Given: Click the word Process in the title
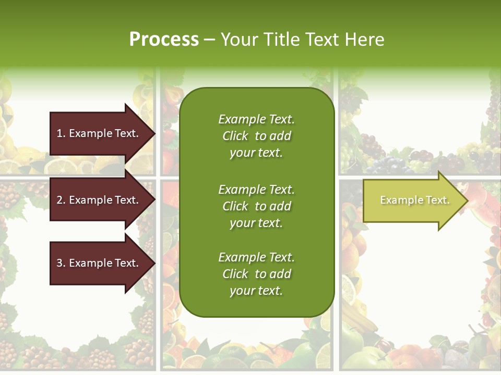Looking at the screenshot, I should tap(164, 40).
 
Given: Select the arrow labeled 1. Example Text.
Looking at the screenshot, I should tap(99, 133).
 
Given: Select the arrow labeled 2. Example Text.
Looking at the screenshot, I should tap(99, 200).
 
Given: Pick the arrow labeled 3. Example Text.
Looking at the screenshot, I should tap(99, 263).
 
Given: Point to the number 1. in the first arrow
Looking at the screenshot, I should tap(61, 133).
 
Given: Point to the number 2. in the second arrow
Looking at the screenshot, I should tap(61, 200).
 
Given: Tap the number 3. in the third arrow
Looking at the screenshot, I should tap(61, 263).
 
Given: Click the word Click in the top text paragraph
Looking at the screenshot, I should tap(235, 136).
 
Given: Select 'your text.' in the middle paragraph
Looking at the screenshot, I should tap(256, 223).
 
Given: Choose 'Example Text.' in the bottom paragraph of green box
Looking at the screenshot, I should tap(256, 257).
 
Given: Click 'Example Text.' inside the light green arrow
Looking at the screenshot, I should tap(414, 200).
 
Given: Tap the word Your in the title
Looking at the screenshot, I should tap(240, 40).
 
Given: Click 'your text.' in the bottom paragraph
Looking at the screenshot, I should tap(256, 291).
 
